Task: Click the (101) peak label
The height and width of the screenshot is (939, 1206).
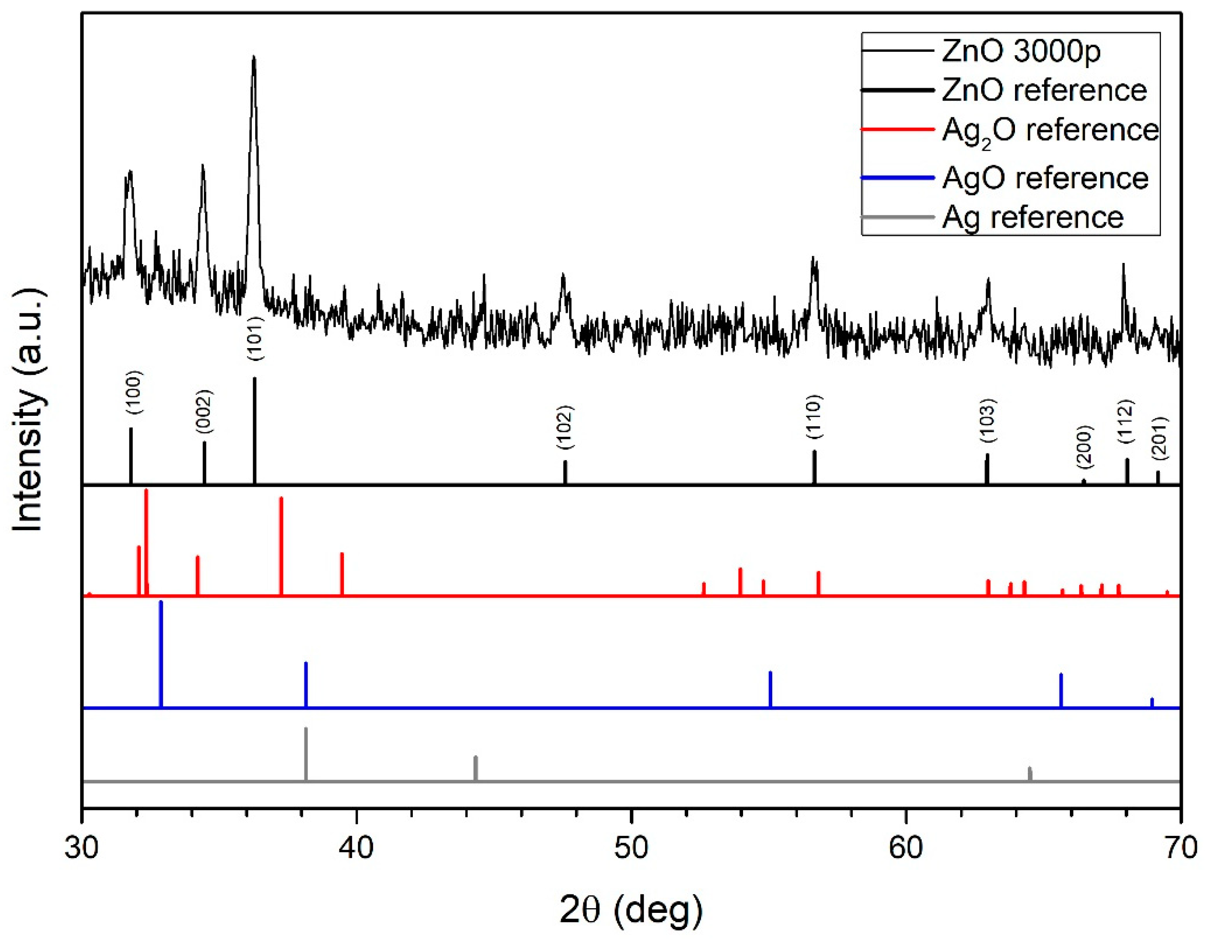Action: coord(256,338)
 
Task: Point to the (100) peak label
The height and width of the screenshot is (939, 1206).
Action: coord(134,393)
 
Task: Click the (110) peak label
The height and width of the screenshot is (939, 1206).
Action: coord(815,417)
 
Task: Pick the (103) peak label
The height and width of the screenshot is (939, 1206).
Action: coord(988,420)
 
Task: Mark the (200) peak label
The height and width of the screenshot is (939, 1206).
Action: coord(1084,447)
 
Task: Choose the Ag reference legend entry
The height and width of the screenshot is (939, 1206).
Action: coord(1032,218)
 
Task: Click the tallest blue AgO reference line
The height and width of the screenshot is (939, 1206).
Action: coord(161,654)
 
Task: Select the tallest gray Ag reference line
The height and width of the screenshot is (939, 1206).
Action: coord(306,754)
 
